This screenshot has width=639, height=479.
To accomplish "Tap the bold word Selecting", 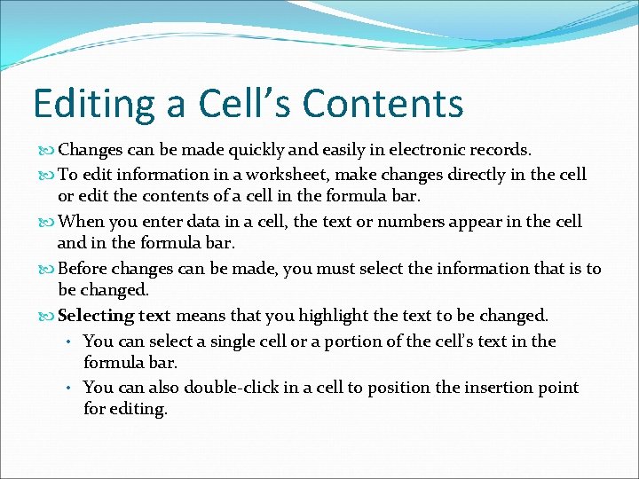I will pos(95,316).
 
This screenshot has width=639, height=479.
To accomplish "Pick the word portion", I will pos(338,341).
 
